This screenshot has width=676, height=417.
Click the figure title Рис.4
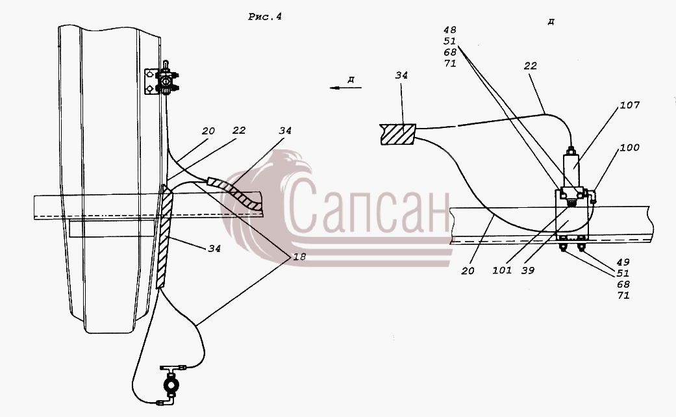click(265, 17)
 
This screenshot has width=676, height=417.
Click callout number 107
click(629, 105)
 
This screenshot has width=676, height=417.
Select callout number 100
click(629, 147)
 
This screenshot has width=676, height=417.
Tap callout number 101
click(502, 270)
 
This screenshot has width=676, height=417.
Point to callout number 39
click(528, 270)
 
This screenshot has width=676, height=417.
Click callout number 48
click(449, 30)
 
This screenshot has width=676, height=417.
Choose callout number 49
click(623, 262)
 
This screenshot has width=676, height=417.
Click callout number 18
click(299, 257)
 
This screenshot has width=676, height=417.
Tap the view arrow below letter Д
click(345, 88)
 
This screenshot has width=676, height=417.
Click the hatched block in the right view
click(397, 134)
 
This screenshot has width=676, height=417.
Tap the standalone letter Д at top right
click(551, 21)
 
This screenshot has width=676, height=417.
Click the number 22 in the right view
click(531, 66)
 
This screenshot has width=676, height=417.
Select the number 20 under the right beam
click(468, 271)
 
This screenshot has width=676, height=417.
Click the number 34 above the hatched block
click(401, 75)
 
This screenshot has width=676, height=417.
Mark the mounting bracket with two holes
click(149, 82)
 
